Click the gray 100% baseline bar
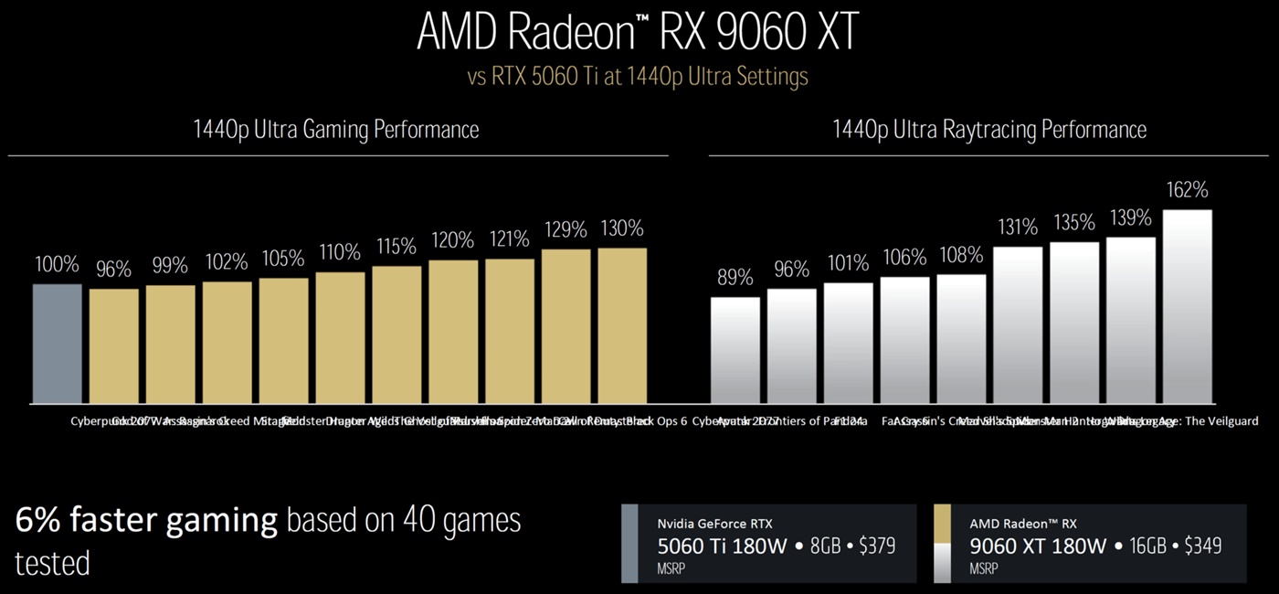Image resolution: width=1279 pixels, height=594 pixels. click(x=57, y=344)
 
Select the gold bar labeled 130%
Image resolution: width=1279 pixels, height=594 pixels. click(x=622, y=325)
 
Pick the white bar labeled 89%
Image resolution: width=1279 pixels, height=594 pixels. click(x=735, y=350)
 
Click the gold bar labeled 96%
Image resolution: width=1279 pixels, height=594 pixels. click(x=114, y=346)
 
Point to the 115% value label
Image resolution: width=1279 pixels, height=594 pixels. click(x=396, y=247)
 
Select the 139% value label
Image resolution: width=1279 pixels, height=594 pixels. click(x=1130, y=217)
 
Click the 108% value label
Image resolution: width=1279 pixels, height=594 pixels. click(x=961, y=255)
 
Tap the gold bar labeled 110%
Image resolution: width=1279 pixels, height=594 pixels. click(x=340, y=337)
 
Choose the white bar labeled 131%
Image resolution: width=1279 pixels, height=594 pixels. click(x=1018, y=324)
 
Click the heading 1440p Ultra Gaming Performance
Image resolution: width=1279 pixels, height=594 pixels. click(x=336, y=130)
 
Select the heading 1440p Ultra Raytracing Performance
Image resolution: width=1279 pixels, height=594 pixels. click(x=989, y=130)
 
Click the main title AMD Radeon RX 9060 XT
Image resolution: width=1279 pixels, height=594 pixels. click(x=638, y=34)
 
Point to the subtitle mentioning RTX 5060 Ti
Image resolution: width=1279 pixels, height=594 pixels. click(x=638, y=77)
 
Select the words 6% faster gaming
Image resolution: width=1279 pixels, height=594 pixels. click(x=146, y=521)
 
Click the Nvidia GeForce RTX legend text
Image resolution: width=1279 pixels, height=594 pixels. click(x=715, y=525)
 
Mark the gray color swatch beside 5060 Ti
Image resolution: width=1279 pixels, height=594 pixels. click(x=629, y=544)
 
